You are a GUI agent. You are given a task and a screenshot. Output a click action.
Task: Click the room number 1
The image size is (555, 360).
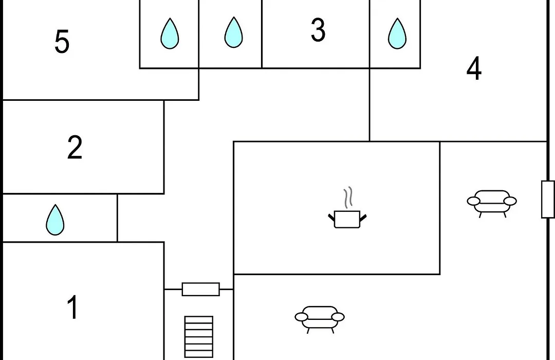(x=72, y=307)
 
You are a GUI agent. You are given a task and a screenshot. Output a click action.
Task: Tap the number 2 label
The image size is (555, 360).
(x=75, y=147)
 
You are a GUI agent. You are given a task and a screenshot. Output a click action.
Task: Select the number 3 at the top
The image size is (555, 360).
(x=318, y=30)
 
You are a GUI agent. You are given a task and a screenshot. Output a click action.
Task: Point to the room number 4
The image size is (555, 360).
(x=474, y=68)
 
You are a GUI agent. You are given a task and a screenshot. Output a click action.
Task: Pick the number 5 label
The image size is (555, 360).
(x=62, y=42)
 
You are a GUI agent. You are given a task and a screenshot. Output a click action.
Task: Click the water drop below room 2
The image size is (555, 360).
(x=55, y=220)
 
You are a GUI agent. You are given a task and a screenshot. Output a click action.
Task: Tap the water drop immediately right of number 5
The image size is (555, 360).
(x=170, y=33)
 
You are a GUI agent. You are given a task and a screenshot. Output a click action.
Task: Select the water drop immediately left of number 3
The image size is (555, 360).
(x=234, y=32)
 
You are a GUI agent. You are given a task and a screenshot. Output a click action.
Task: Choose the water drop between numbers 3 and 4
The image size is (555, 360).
(x=397, y=33)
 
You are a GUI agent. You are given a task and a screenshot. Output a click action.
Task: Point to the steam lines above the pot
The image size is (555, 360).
(x=348, y=197)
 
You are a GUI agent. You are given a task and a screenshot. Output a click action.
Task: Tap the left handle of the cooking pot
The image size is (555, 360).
(x=331, y=217)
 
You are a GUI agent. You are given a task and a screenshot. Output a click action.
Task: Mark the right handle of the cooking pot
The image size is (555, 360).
(x=363, y=217)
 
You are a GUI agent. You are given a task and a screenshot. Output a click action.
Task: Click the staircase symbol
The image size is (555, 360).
(x=199, y=337)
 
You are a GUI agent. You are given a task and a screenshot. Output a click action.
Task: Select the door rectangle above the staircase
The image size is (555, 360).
(x=201, y=289)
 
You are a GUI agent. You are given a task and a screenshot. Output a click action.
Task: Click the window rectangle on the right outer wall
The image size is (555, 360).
(x=548, y=200)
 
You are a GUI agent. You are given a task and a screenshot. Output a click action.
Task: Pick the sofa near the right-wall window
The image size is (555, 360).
(x=492, y=203)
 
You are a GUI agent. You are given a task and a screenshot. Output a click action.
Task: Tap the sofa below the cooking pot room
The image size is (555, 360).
(x=320, y=319)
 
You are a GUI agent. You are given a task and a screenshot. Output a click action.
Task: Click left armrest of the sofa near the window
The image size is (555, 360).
(x=474, y=201)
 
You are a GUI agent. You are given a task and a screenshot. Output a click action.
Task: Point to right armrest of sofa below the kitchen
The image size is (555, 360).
(x=338, y=317)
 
